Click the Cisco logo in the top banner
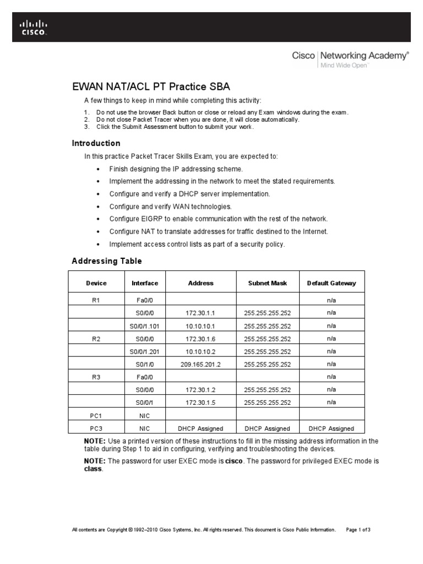pyautogui.click(x=34, y=27)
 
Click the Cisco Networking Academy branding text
pyautogui.click(x=350, y=56)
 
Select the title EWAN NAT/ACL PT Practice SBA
pyautogui.click(x=151, y=87)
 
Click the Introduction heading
pyautogui.click(x=96, y=143)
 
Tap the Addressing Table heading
pyautogui.click(x=106, y=261)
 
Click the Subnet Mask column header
pyautogui.click(x=268, y=283)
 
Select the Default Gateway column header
pyautogui.click(x=331, y=283)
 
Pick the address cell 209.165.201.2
pyautogui.click(x=200, y=364)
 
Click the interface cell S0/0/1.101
pyautogui.click(x=145, y=326)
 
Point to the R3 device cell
pyautogui.click(x=96, y=377)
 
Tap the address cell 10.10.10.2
pyautogui.click(x=200, y=351)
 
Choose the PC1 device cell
pyautogui.click(x=96, y=415)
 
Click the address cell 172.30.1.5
pyautogui.click(x=200, y=403)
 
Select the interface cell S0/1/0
pyautogui.click(x=145, y=364)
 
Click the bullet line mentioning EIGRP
pyautogui.click(x=218, y=219)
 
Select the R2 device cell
pyautogui.click(x=96, y=338)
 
